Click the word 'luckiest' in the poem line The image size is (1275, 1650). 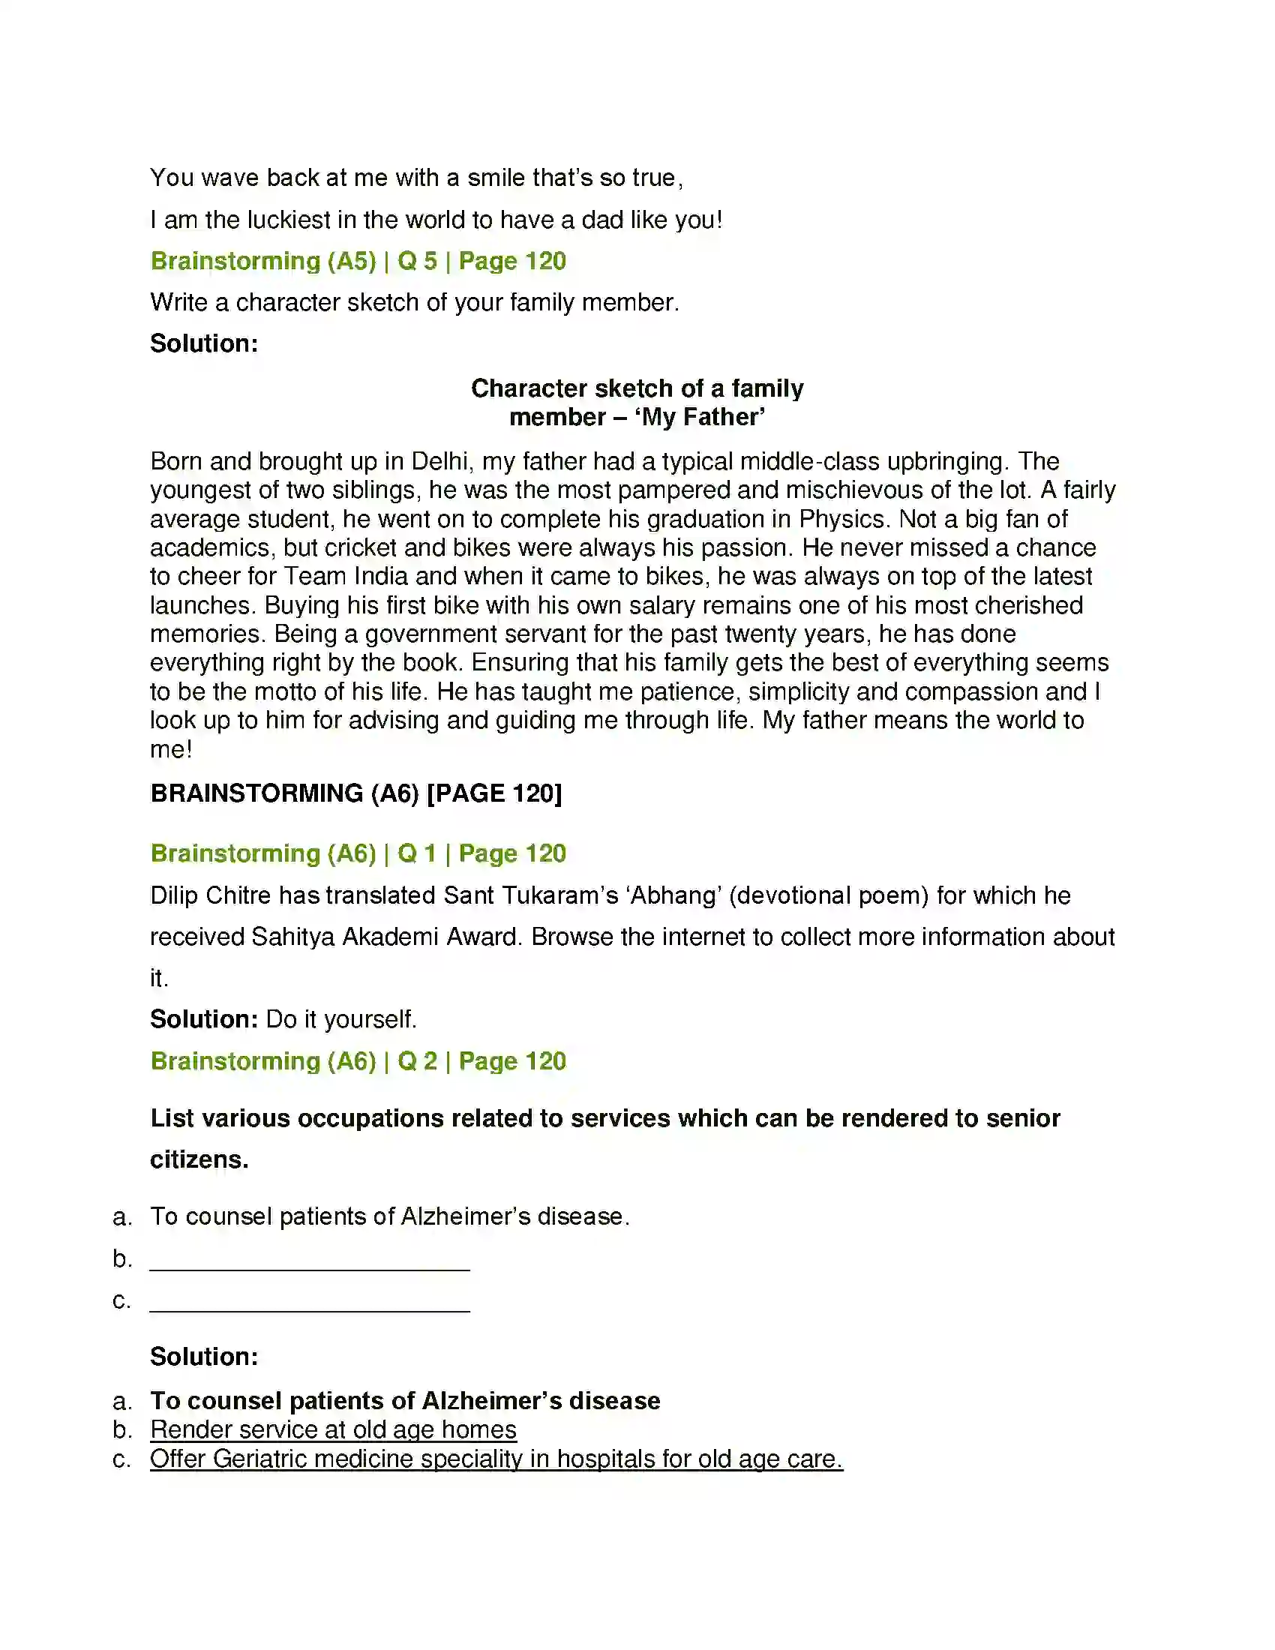click(x=289, y=220)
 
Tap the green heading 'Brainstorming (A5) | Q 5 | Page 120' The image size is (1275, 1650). click(x=358, y=262)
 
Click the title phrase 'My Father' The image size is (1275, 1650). click(x=700, y=417)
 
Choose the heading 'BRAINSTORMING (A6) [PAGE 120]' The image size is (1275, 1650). click(x=355, y=793)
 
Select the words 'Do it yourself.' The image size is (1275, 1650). click(x=340, y=1019)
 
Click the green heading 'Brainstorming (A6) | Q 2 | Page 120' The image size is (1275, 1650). click(x=358, y=1061)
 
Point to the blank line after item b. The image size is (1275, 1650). click(x=310, y=1259)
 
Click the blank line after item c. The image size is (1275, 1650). click(x=310, y=1301)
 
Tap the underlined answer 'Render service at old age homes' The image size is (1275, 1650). click(x=333, y=1430)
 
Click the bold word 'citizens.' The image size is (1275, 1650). click(x=199, y=1159)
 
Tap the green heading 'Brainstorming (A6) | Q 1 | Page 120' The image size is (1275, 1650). click(x=358, y=853)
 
